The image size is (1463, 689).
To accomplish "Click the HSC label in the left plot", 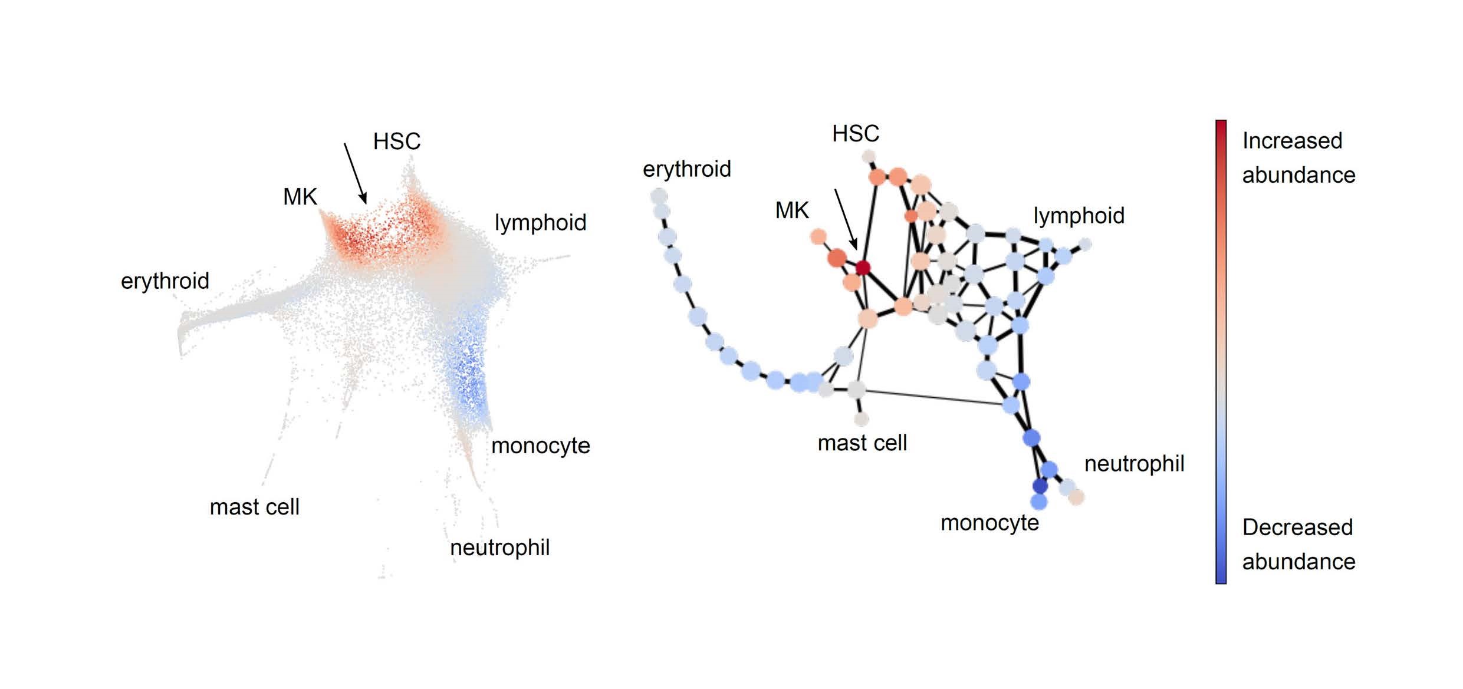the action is pos(397,141).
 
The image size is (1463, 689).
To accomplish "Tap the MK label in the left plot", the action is pos(300,197).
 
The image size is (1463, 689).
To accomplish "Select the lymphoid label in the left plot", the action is pos(541,223).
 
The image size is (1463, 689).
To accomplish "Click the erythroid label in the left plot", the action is pos(165,281).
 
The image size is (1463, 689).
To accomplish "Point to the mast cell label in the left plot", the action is pos(255,507).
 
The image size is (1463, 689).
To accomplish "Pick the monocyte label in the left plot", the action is pos(541,446).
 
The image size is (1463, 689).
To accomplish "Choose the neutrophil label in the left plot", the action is pos(500,548).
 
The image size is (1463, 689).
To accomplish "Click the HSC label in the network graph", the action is pos(856,134).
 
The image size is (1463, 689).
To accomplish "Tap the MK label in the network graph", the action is pos(792,210).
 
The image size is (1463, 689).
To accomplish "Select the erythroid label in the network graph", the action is pos(687,169).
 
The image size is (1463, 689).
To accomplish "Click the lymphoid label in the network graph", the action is pos(1079,216).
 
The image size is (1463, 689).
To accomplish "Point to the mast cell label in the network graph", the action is pos(862,443).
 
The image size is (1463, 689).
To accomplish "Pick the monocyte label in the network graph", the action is pos(990,523).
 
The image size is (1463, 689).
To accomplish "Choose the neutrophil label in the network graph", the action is pos(1135,464).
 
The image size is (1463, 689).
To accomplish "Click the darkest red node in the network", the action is pos(863,268).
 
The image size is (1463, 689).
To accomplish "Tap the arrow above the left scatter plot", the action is pos(356,173).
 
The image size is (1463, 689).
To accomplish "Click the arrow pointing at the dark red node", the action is pos(846,219).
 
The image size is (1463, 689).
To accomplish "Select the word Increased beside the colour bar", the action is pos(1292,141).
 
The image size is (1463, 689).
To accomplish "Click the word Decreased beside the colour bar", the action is pos(1297,528).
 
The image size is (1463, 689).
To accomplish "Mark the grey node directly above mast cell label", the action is pos(861,419).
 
